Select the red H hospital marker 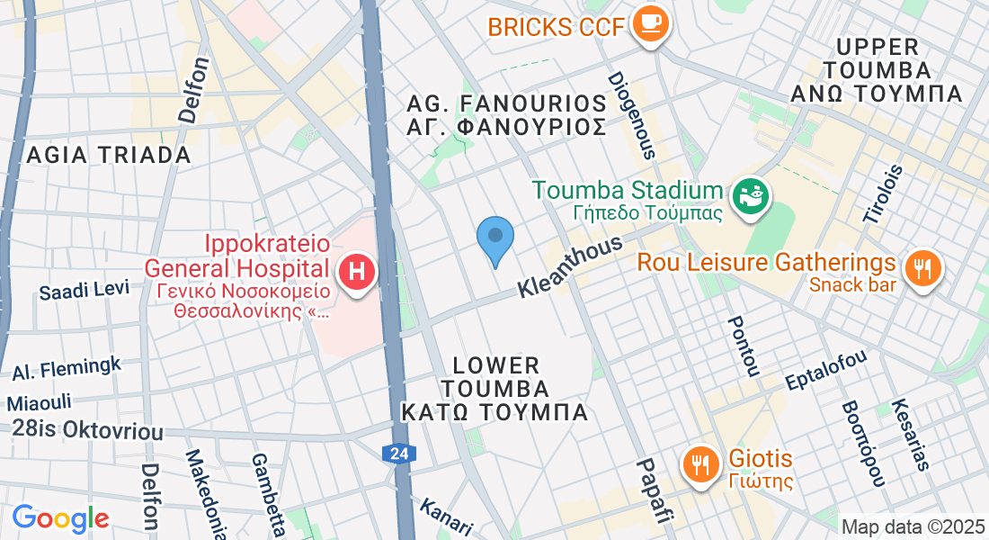coord(357,271)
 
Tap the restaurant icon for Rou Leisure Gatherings coord(921,266)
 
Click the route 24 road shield coord(399,454)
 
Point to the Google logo coord(60,518)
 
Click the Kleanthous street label coord(570,267)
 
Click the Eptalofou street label coord(825,369)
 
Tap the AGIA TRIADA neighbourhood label coord(109,155)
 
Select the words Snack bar coord(853,285)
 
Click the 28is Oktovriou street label coord(87,429)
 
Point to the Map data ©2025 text coord(912,526)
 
